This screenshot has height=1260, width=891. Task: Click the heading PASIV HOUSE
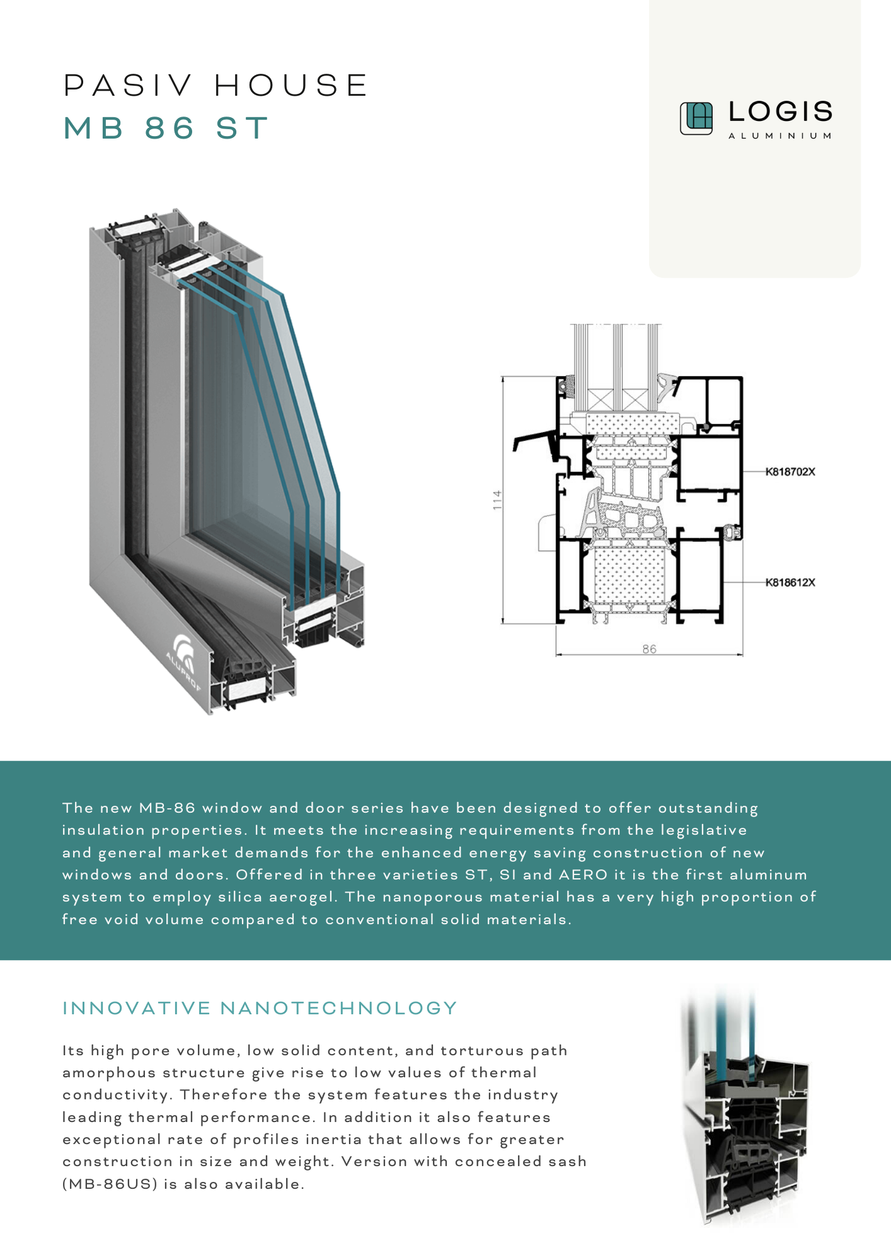click(216, 86)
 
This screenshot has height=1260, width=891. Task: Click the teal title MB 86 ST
click(166, 129)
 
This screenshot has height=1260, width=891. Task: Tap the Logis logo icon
click(696, 118)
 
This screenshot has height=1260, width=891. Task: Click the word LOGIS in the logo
click(780, 112)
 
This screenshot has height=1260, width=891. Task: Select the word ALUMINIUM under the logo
click(780, 136)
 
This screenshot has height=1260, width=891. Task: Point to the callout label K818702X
click(790, 472)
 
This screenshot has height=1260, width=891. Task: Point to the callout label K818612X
click(790, 583)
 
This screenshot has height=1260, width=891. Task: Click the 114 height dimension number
click(498, 500)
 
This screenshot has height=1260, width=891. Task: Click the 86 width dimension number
click(649, 649)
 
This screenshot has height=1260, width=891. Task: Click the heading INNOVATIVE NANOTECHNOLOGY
click(260, 1009)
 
